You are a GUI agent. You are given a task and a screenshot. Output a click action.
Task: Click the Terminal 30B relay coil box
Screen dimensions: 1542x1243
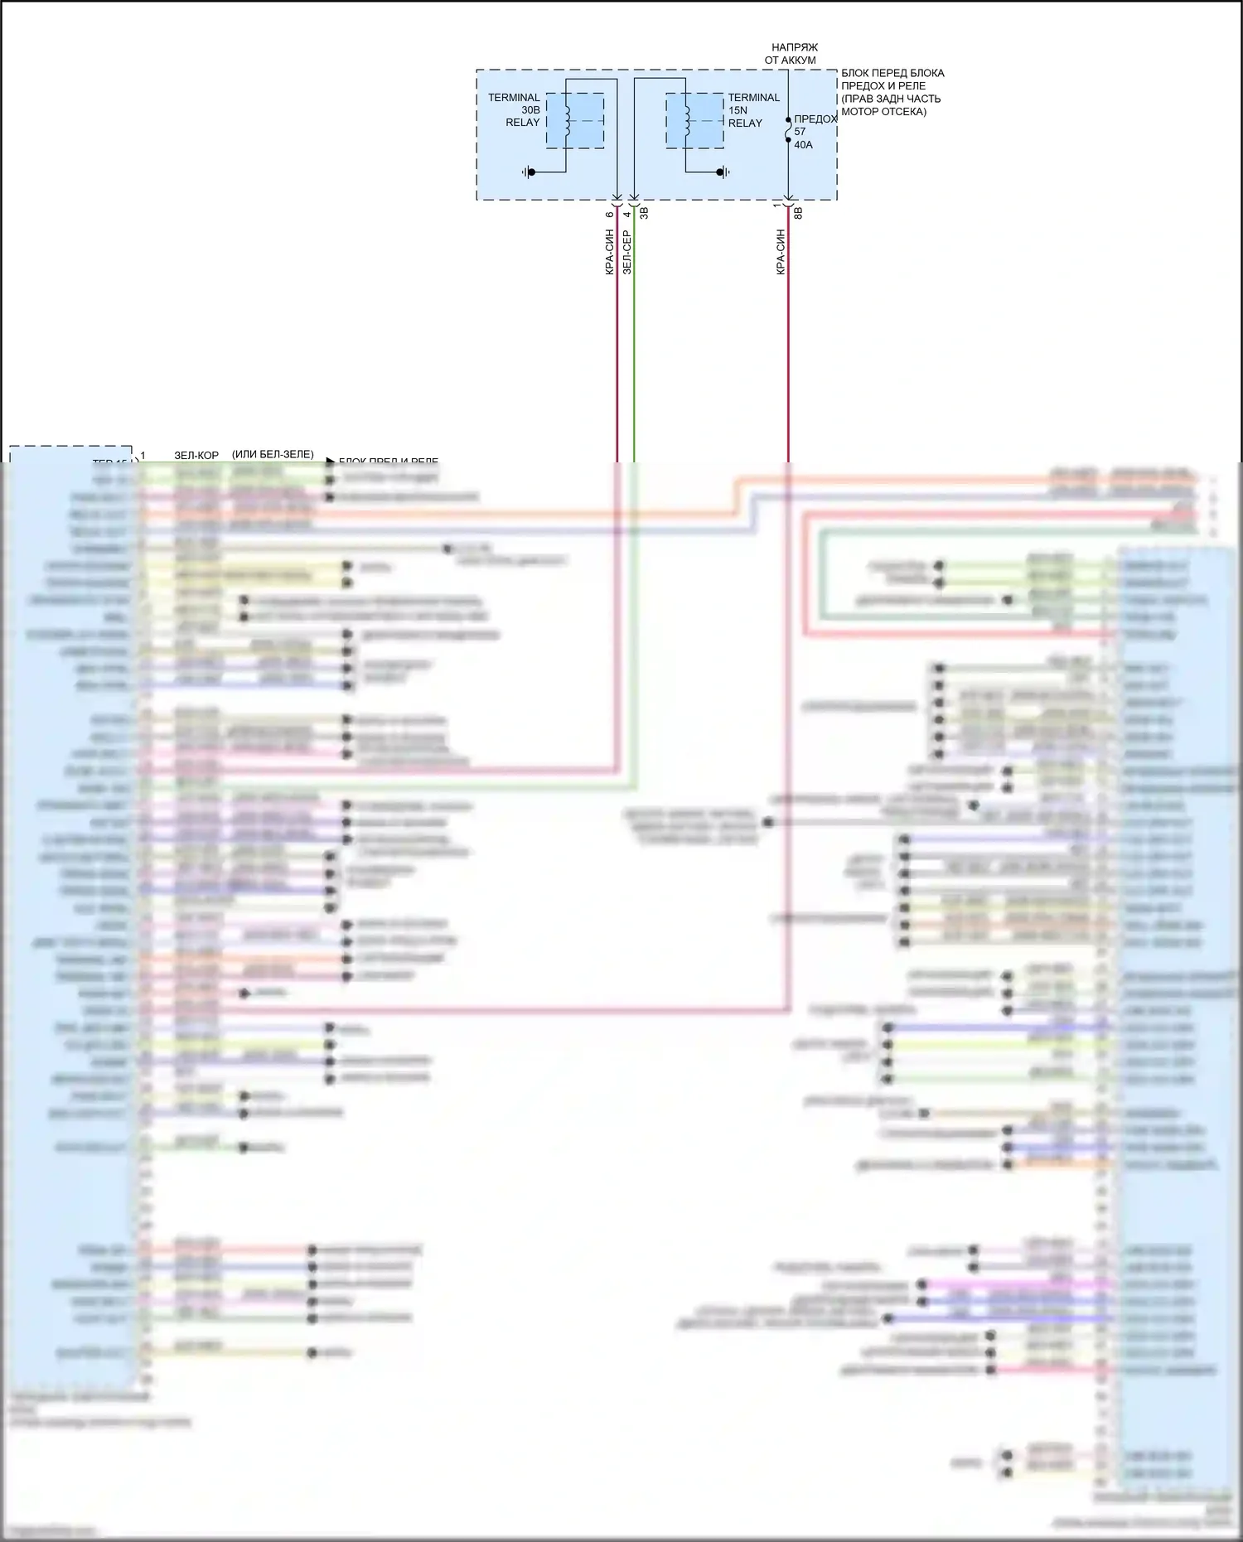point(574,121)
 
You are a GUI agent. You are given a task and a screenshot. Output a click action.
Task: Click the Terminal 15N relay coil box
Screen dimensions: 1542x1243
point(694,121)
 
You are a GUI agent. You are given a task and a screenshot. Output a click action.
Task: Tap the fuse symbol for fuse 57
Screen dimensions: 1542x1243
point(788,130)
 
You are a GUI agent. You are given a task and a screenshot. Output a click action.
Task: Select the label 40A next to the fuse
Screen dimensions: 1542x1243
point(803,145)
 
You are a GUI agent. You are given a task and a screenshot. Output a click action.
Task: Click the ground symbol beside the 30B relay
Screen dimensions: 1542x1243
point(529,172)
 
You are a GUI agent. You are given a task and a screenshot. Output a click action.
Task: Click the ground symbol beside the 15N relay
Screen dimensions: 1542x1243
point(724,172)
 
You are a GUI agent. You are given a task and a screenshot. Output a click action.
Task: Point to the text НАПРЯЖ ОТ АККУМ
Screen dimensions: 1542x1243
point(791,54)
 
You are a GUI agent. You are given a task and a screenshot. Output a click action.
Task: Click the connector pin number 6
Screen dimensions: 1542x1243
point(609,215)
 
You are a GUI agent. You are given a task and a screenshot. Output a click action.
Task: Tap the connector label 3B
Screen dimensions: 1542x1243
point(644,214)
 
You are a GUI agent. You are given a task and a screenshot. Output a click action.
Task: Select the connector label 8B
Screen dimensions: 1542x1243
point(798,213)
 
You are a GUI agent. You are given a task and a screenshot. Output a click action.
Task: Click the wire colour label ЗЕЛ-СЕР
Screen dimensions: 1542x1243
point(626,252)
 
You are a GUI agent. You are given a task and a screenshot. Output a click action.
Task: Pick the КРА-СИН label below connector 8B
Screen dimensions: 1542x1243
point(780,252)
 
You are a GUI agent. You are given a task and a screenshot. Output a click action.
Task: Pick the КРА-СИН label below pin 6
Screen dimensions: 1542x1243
point(609,252)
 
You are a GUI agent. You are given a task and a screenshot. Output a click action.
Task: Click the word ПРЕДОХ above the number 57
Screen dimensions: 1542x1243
point(815,119)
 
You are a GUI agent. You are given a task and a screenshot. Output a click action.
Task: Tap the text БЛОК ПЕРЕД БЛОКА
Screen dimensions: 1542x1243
point(892,73)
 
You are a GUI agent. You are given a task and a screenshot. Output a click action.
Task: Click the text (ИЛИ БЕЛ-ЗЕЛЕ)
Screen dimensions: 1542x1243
point(273,454)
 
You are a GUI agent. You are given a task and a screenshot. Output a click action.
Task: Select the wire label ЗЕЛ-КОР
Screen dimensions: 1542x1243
point(196,455)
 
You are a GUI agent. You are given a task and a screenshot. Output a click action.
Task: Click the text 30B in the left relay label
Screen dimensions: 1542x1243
point(530,110)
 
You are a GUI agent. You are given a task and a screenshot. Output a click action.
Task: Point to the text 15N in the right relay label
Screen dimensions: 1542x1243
point(738,110)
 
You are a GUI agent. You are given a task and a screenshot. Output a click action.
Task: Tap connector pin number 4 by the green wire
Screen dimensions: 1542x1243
point(627,215)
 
